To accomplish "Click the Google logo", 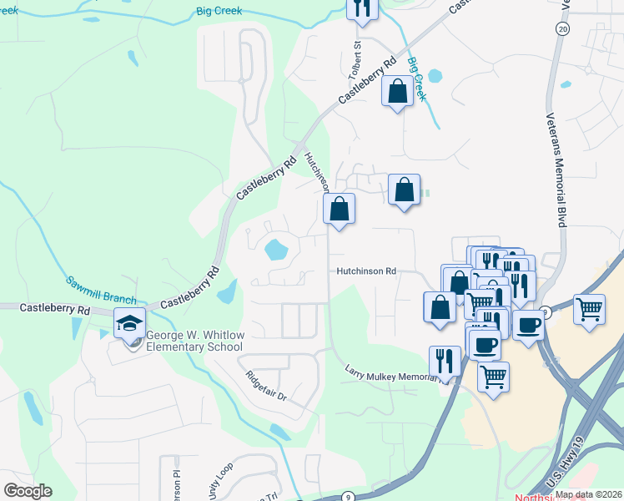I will (x=28, y=491).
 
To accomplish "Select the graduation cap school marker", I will (x=129, y=323).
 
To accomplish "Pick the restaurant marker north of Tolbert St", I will (x=362, y=8).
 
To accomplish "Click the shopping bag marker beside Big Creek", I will (x=397, y=89).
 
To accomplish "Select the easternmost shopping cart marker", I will (x=589, y=308).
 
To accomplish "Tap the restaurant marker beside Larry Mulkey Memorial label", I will (x=444, y=361).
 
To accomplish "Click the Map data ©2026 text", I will (x=587, y=494).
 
